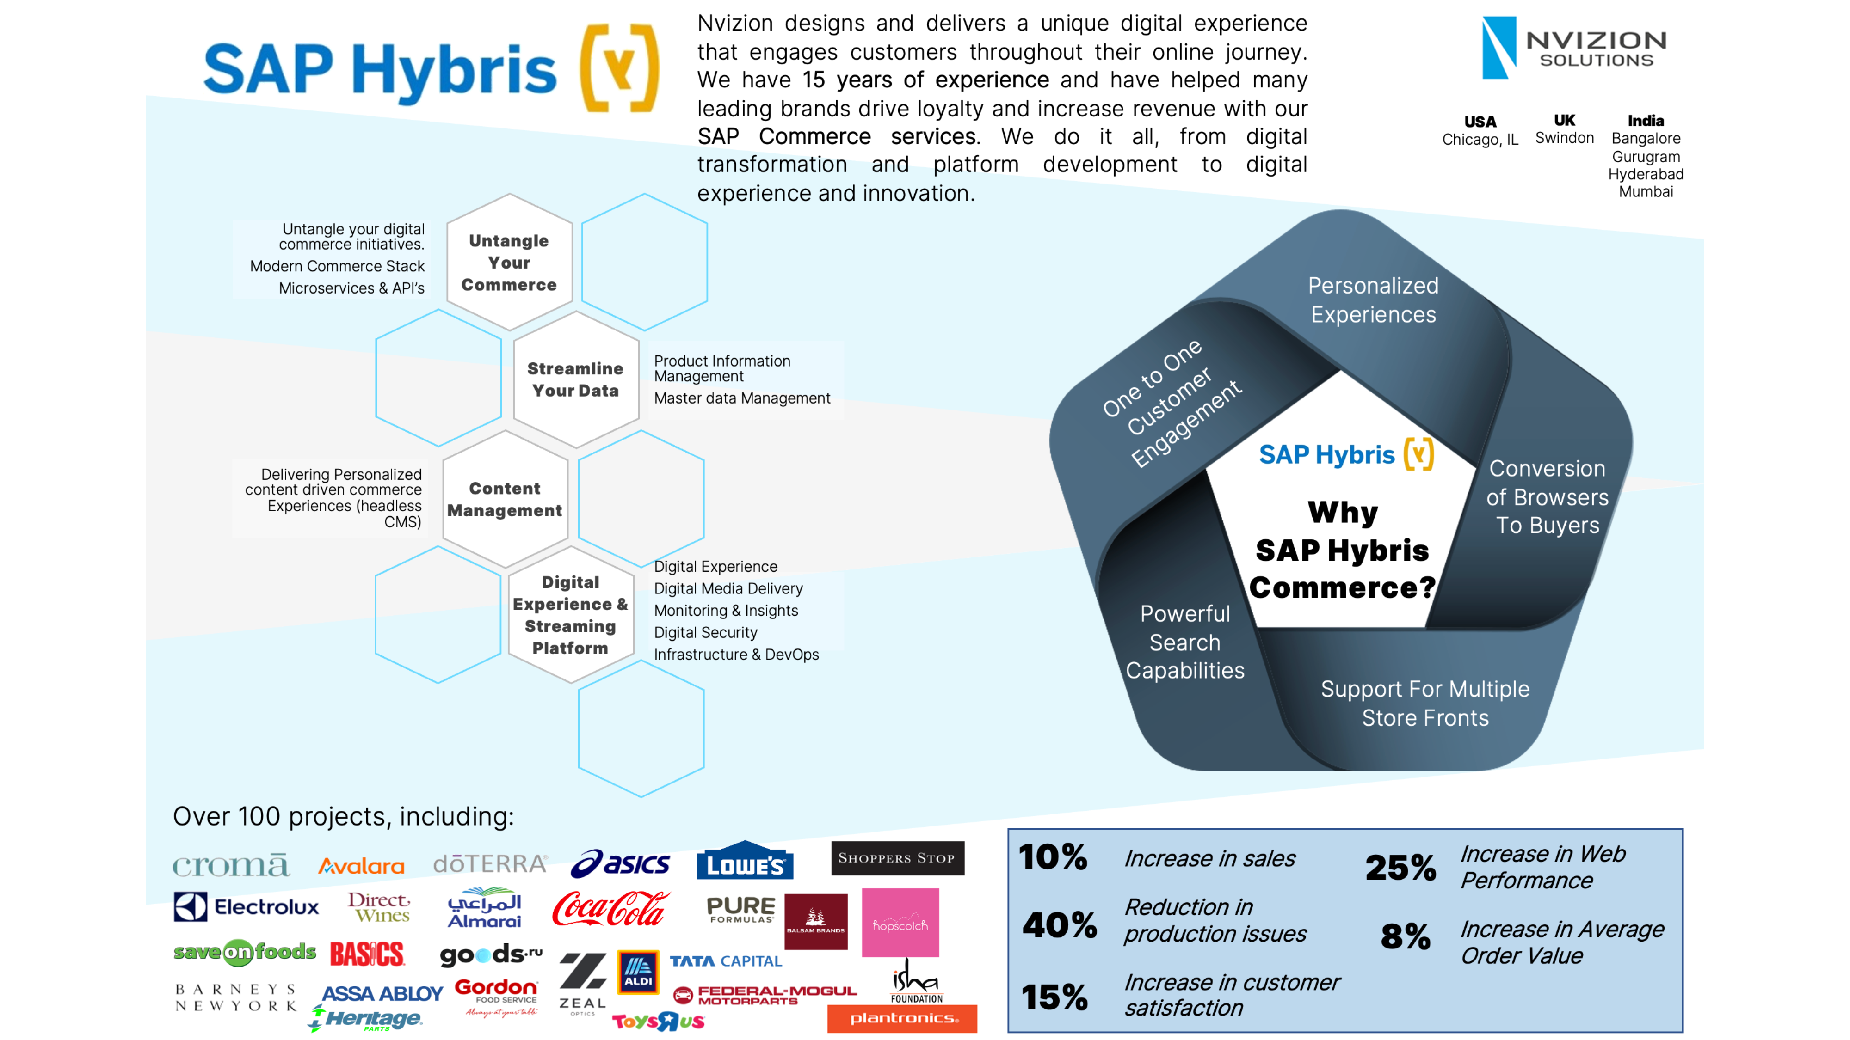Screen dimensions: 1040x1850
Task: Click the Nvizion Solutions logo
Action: tap(1573, 47)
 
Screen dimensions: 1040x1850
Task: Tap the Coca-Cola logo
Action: tap(610, 909)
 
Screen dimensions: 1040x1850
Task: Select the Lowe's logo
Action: tap(745, 861)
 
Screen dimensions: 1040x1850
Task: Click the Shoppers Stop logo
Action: tap(897, 858)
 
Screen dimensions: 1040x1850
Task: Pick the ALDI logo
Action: tap(638, 972)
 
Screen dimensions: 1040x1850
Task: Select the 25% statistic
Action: tap(1400, 867)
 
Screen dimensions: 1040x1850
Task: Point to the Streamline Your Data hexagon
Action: tap(575, 379)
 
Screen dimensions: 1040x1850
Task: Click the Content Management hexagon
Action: tap(505, 499)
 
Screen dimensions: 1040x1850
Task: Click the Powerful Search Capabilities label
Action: tap(1185, 642)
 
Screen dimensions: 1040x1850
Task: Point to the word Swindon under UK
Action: tap(1564, 138)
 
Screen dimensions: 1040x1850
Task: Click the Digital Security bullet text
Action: tap(705, 632)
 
